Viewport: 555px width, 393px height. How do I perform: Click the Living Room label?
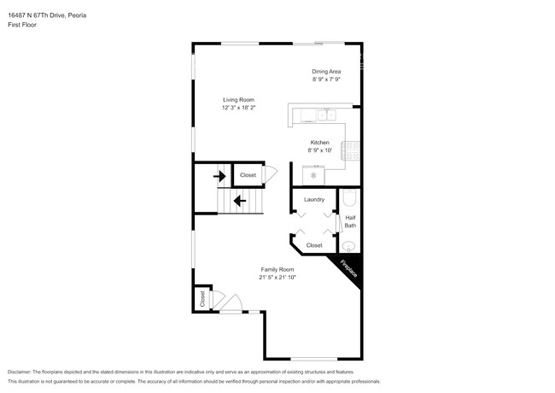pos(239,100)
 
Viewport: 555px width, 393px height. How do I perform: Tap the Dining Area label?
pos(326,71)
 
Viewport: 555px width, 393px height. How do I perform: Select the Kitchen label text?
pos(319,142)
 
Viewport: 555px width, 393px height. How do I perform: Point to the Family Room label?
pos(277,269)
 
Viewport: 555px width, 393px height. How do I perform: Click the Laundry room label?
pos(313,199)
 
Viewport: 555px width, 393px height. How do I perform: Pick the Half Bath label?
pos(350,221)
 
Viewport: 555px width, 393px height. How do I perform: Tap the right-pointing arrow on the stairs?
pos(219,177)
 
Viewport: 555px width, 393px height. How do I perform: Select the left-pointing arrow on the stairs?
pos(239,202)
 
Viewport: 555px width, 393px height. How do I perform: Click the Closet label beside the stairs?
pos(248,175)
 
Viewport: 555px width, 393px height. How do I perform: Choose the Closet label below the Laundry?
pos(314,245)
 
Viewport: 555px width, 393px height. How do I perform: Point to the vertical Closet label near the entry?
pos(202,299)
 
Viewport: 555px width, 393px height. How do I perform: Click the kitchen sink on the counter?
pos(327,114)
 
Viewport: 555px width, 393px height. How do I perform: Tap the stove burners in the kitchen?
pos(351,151)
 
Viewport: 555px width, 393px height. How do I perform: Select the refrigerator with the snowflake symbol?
pos(313,175)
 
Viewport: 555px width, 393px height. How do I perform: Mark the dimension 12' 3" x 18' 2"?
pos(239,108)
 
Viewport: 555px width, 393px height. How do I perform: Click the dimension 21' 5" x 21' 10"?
pos(277,277)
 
